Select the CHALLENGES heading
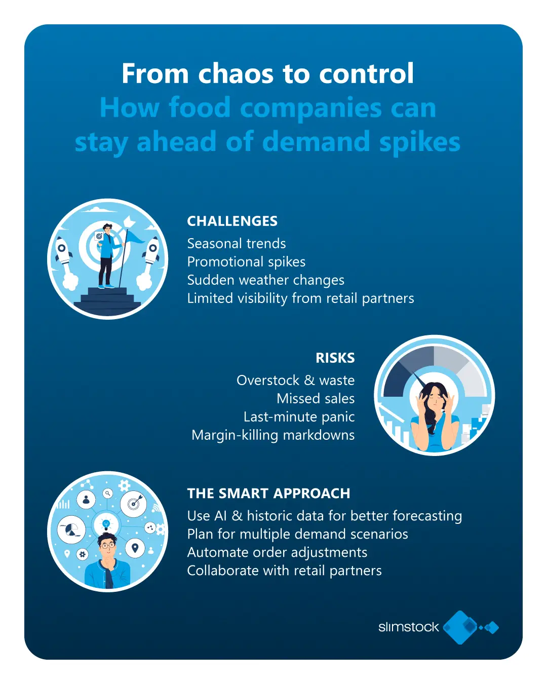232,221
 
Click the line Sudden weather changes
265,280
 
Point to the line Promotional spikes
246,262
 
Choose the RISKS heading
335,358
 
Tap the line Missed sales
316,399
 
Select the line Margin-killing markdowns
273,435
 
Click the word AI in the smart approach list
220,516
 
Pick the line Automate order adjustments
277,552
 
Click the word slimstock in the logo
408,627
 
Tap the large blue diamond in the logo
461,627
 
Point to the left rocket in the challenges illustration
62,251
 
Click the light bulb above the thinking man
106,524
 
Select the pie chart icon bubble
71,529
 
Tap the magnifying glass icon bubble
108,493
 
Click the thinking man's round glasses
107,545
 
